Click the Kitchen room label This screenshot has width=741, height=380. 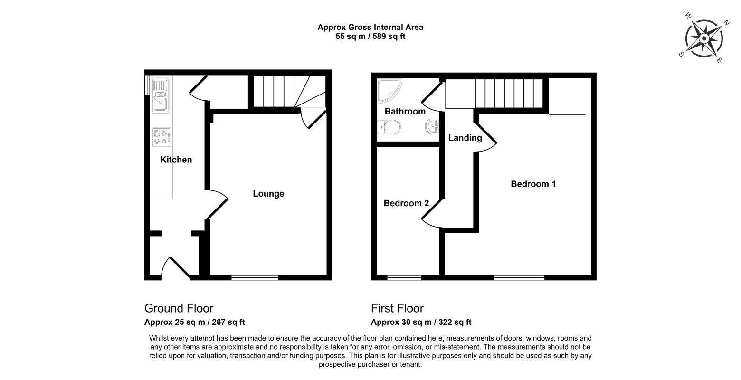click(176, 160)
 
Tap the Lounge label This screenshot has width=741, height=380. click(268, 194)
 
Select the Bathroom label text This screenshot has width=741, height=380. click(405, 111)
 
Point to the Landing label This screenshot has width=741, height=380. click(465, 138)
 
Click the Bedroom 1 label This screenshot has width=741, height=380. click(533, 184)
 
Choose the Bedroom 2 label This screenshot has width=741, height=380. click(406, 203)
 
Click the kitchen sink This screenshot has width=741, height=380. click(161, 95)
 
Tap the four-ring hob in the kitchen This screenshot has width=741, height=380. click(161, 137)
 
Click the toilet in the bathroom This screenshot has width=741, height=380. click(389, 127)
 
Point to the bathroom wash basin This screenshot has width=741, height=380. click(432, 126)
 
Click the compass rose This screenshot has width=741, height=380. click(704, 38)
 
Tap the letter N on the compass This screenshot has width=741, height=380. click(726, 23)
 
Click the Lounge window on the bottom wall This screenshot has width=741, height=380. click(255, 277)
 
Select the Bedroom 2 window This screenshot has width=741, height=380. click(404, 277)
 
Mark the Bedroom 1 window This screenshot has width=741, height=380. click(519, 277)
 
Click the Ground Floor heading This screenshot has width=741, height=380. click(179, 308)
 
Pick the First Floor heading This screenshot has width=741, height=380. click(397, 308)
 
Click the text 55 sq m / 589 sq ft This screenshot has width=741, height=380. click(370, 37)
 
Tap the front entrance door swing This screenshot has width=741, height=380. click(175, 266)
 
